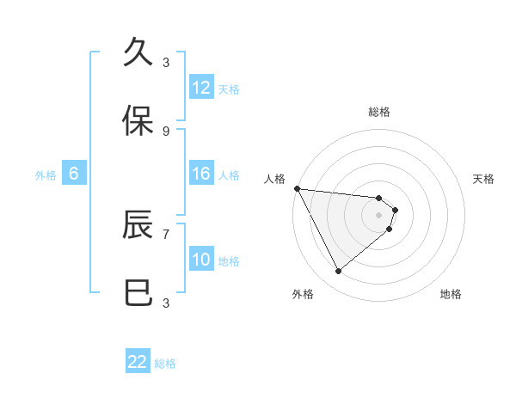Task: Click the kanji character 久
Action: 138,52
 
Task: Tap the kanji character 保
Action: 138,121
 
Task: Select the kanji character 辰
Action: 138,225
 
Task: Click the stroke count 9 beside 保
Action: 166,131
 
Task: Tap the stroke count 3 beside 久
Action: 166,62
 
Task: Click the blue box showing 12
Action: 201,88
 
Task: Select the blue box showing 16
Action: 201,174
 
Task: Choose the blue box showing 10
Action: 201,260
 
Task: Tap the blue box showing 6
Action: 74,174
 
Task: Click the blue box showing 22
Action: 138,362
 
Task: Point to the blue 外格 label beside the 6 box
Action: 46,174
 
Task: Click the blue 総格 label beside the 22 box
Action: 166,364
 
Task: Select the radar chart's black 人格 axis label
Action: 274,179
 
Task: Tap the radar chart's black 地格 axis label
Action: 451,294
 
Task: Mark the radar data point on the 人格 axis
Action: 297,188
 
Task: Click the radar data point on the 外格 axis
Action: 338,272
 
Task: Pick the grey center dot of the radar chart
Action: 379,215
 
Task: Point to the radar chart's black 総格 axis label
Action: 379,112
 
